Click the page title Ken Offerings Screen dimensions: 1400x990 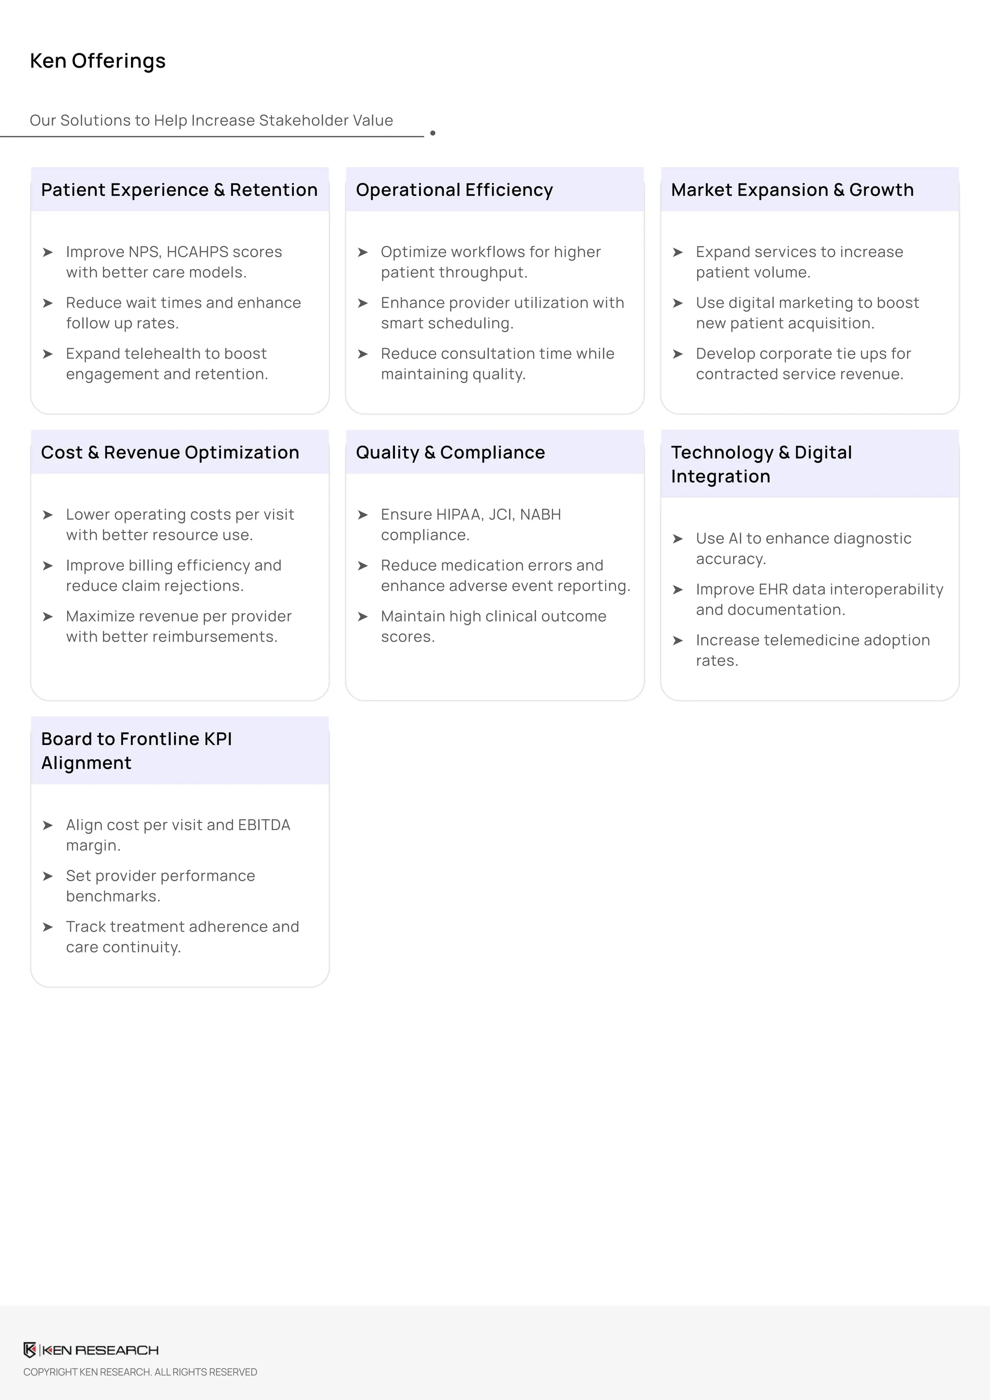(98, 61)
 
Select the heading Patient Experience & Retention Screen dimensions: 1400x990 (179, 190)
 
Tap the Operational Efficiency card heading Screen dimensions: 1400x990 (454, 190)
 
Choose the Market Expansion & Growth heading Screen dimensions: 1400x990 (792, 190)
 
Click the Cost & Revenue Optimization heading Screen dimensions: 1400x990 (170, 452)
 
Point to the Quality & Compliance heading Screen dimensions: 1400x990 (450, 452)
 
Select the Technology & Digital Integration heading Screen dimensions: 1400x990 (761, 464)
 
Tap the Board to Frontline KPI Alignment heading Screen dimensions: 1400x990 (136, 751)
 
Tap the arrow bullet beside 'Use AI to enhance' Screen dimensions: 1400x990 (677, 539)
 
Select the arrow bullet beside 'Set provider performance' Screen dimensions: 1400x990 (47, 876)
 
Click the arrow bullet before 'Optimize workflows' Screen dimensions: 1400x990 (363, 252)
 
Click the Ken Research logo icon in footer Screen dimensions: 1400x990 (30, 1350)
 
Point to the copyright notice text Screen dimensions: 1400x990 (140, 1372)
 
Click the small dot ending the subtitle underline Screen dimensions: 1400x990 (433, 133)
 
